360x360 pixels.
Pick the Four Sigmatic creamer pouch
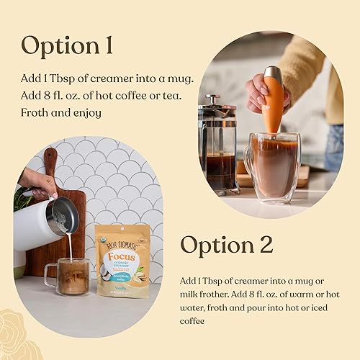122,260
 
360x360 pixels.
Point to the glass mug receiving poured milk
68,277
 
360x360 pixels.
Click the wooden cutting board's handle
50,162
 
